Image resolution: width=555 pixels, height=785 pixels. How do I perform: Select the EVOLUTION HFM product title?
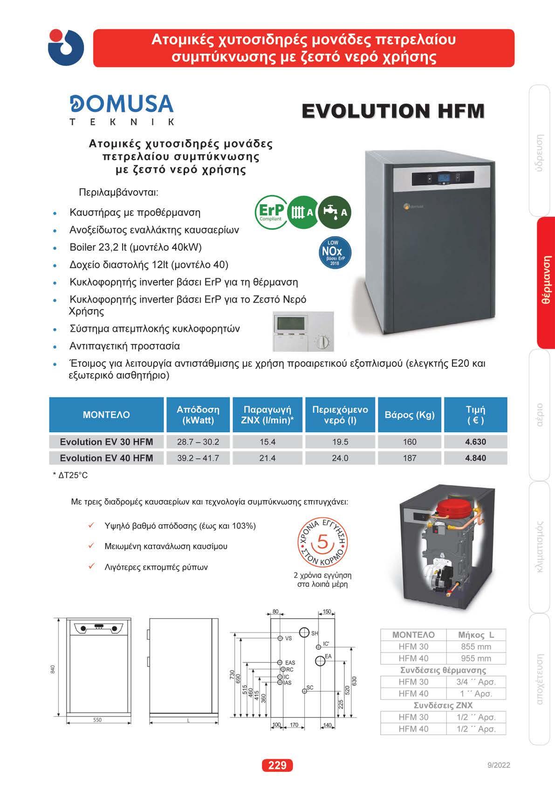[x=393, y=111]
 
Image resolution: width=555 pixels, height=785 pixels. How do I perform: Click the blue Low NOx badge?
[x=334, y=253]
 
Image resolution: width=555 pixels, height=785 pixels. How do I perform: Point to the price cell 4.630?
[x=475, y=442]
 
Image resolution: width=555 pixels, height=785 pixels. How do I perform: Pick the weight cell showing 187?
[x=410, y=458]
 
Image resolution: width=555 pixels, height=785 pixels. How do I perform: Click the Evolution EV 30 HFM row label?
[x=106, y=442]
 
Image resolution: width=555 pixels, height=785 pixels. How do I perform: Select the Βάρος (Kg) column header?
[x=410, y=415]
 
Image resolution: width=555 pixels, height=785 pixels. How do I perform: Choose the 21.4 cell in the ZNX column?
[x=267, y=458]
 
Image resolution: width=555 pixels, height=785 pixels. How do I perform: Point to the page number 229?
[x=277, y=765]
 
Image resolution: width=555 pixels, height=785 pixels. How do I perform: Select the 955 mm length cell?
[x=476, y=659]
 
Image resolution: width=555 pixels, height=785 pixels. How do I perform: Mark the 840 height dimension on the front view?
[x=53, y=669]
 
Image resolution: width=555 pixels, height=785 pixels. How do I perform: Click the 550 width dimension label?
[x=97, y=720]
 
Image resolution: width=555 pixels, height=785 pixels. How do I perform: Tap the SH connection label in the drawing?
[x=315, y=634]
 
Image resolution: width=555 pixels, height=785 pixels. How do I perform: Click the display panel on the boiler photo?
[x=443, y=179]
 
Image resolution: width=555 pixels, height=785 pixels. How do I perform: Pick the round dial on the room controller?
[x=322, y=343]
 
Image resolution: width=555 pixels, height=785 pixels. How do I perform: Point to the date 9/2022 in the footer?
[x=499, y=765]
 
